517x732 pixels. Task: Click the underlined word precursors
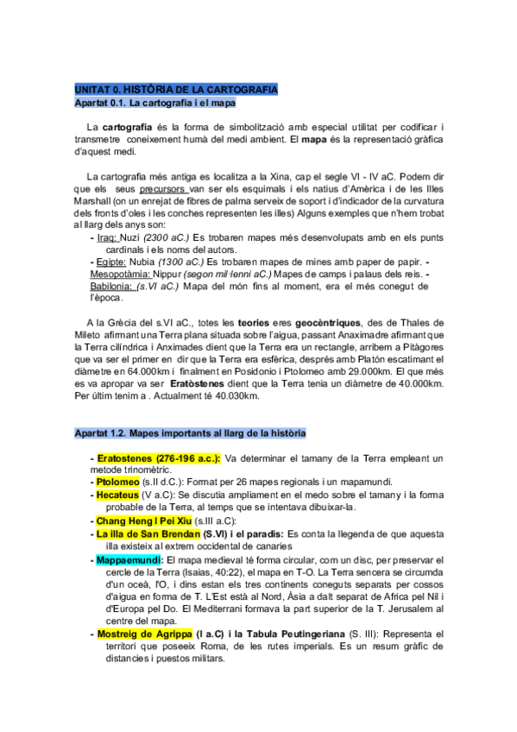coord(163,187)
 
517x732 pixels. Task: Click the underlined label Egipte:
coord(111,262)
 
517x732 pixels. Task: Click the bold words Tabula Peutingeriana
coord(273,634)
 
